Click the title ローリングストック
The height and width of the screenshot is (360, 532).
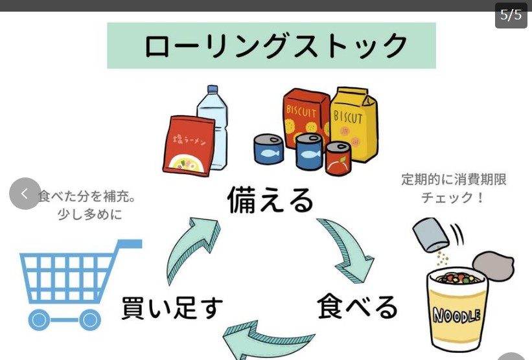tap(272, 46)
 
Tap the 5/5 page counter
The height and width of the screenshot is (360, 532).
tap(511, 15)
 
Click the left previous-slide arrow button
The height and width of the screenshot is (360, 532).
tap(25, 194)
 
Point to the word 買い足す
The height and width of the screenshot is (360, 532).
tap(172, 308)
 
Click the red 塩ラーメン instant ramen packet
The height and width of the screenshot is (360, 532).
tap(188, 146)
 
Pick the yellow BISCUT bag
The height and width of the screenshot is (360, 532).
tap(353, 123)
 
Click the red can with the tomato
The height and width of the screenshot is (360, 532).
tap(338, 159)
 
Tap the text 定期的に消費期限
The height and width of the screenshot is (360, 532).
tap(454, 179)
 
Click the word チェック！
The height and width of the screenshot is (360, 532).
tap(453, 197)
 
